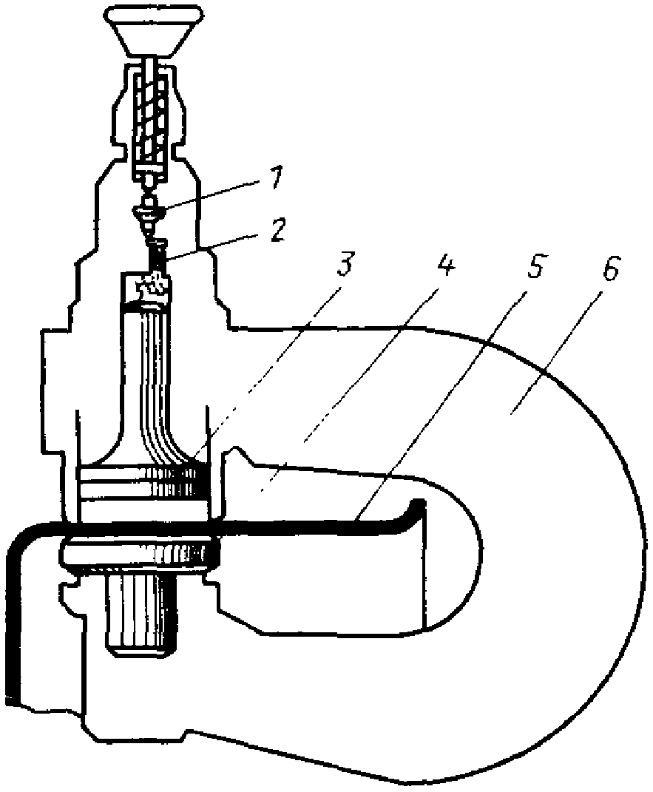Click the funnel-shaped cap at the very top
154,30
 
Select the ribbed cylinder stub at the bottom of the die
141,614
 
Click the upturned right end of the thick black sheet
419,510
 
